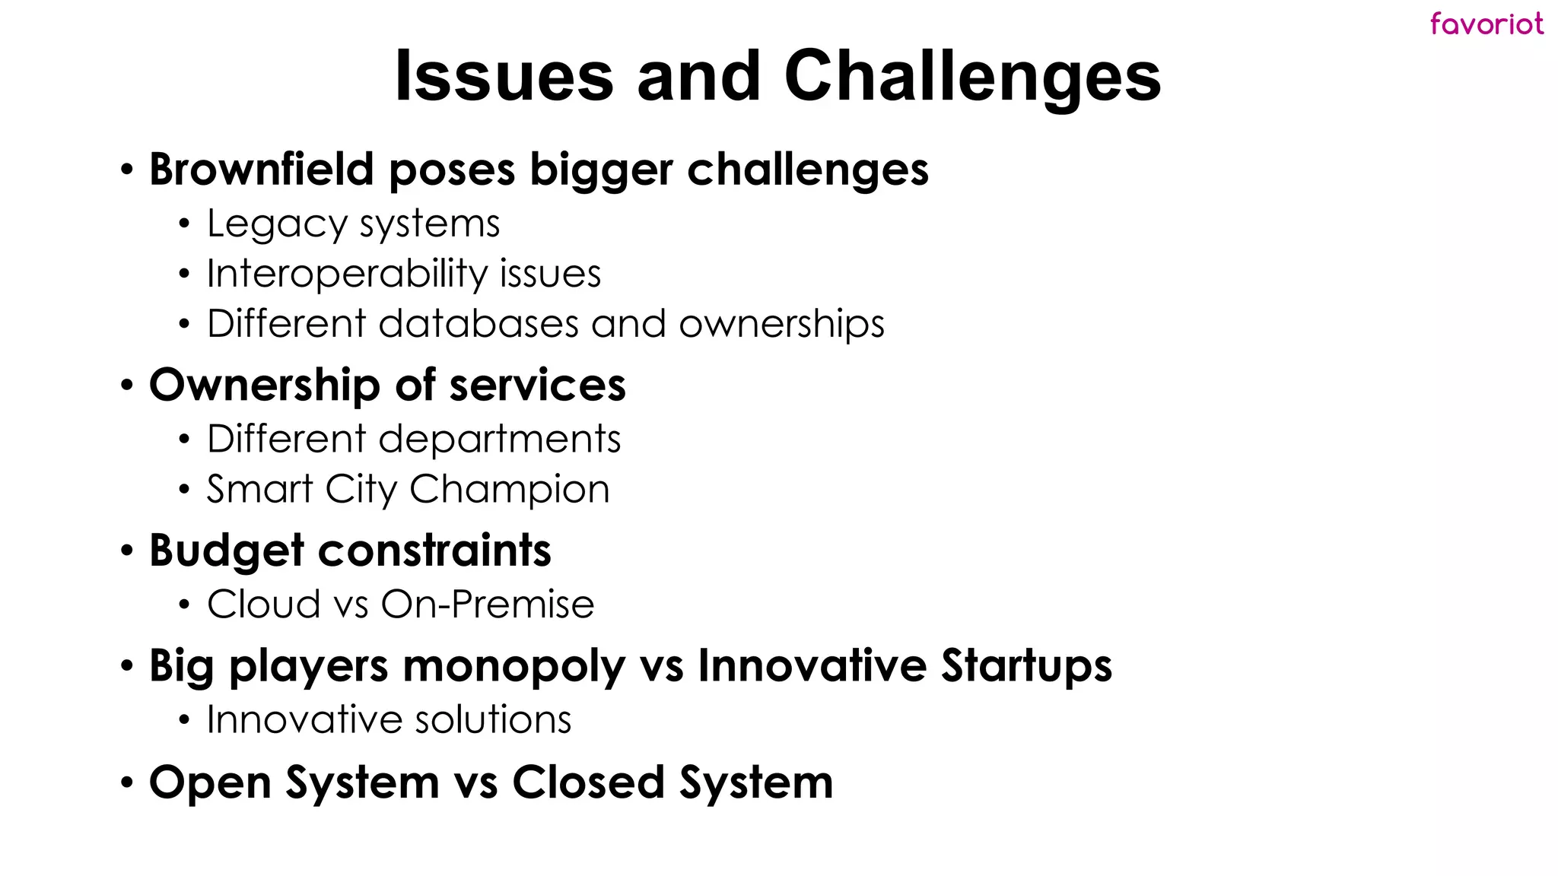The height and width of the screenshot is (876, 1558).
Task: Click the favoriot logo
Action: click(1486, 24)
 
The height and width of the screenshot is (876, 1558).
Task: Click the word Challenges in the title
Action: click(971, 76)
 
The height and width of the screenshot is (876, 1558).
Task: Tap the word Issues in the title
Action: click(504, 76)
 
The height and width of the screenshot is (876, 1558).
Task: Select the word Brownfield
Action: click(261, 169)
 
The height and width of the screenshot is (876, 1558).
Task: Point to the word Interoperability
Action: click(346, 274)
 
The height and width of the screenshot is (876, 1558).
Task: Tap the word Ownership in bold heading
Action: click(264, 386)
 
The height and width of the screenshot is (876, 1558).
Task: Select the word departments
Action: click(500, 440)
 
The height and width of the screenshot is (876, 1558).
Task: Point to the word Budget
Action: click(226, 551)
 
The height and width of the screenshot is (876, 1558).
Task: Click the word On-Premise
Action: click(487, 605)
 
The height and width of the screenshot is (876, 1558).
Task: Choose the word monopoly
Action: click(514, 667)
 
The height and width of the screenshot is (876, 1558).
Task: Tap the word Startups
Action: click(1026, 667)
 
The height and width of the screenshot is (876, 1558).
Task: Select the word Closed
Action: click(588, 782)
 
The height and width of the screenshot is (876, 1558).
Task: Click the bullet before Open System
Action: click(127, 782)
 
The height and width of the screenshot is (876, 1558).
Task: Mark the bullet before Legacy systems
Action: click(183, 225)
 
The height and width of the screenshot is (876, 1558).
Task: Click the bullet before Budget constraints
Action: click(127, 551)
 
